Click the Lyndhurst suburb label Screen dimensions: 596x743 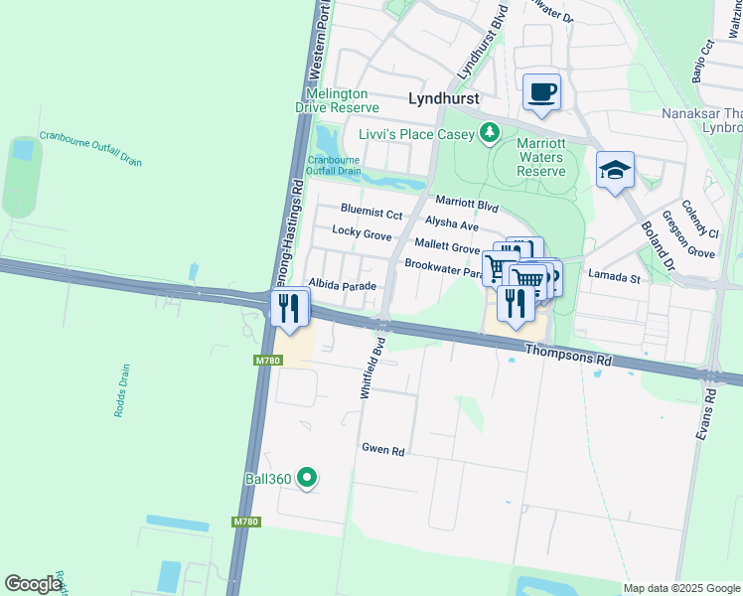point(444,98)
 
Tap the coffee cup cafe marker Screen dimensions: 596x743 point(541,93)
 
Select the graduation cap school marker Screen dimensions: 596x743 point(615,170)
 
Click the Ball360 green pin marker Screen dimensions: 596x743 point(308,479)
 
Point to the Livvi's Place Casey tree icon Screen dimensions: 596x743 point(489,132)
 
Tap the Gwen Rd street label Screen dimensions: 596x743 point(383,450)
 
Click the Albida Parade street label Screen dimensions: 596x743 point(343,285)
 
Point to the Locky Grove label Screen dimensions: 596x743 point(362,232)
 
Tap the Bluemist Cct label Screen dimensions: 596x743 point(371,213)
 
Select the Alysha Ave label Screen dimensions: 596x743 point(451,223)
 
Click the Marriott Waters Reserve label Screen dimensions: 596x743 point(541,157)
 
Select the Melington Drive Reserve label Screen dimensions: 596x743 point(343,100)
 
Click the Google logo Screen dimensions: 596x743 point(34,584)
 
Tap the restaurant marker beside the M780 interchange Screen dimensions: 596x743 point(290,308)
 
